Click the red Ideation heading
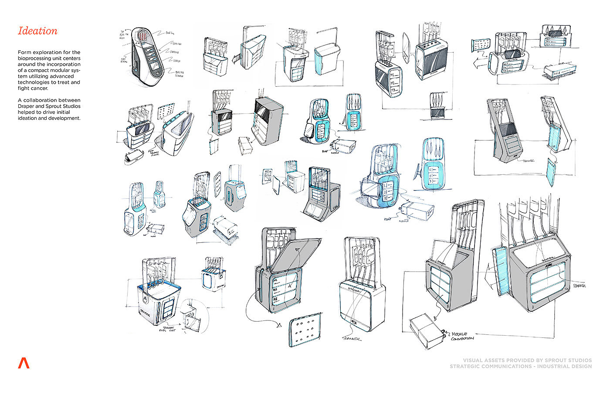click(37, 31)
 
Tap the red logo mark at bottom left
click(24, 363)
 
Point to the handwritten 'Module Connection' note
click(462, 336)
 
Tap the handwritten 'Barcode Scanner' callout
click(173, 75)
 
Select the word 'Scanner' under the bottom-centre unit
click(352, 339)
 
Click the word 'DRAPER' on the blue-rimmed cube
click(148, 313)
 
